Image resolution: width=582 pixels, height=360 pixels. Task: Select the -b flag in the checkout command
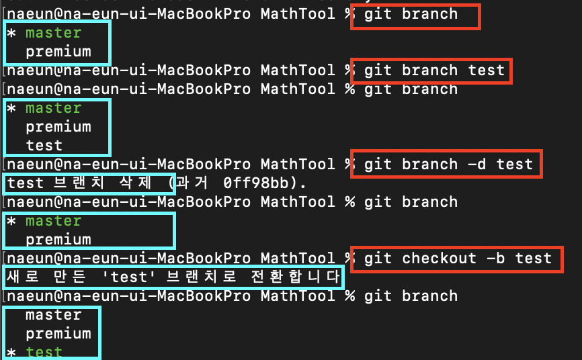496,258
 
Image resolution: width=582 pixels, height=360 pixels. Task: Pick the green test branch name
44,352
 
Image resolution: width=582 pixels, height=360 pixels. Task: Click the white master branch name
53,314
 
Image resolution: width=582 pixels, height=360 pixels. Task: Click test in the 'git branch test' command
487,70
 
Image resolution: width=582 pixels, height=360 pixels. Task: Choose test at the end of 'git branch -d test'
515,164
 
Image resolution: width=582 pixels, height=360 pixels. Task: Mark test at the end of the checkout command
534,258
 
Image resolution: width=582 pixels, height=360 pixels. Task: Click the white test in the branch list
44,145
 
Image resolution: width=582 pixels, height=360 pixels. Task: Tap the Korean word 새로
24,277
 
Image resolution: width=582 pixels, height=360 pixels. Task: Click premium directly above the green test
58,333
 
